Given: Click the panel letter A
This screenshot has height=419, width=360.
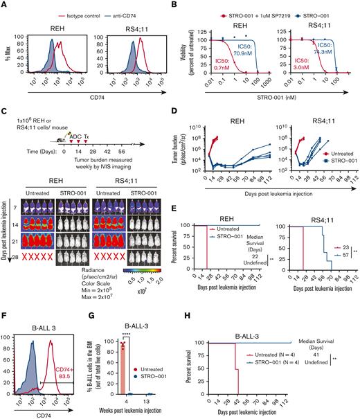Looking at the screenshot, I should [5, 6].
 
